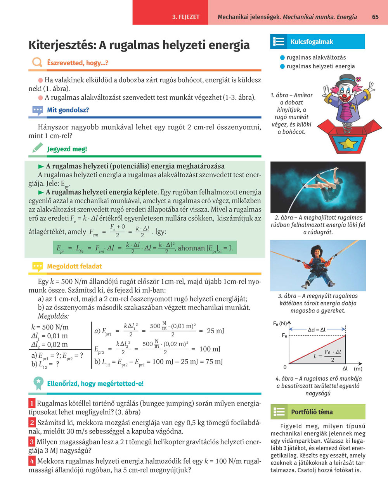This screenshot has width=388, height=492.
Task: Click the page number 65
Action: pyautogui.click(x=375, y=17)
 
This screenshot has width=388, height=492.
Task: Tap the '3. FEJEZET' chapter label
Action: pyautogui.click(x=186, y=17)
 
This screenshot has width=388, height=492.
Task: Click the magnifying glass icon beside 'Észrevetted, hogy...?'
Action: pyautogui.click(x=37, y=62)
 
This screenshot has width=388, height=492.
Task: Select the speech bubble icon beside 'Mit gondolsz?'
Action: pyautogui.click(x=37, y=110)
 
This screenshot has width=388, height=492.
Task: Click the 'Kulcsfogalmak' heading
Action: pyautogui.click(x=312, y=42)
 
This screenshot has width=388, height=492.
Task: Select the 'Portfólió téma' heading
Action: pyautogui.click(x=312, y=412)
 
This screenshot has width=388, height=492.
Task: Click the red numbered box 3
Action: pyautogui.click(x=32, y=442)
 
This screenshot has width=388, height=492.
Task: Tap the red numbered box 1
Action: pyautogui.click(x=32, y=404)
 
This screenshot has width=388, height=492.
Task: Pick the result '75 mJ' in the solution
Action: pyautogui.click(x=214, y=362)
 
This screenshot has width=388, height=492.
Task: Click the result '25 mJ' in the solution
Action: pyautogui.click(x=215, y=331)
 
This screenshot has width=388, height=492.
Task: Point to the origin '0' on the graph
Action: pyautogui.click(x=285, y=367)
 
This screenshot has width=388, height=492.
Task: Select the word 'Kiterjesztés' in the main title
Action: pyautogui.click(x=62, y=45)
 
